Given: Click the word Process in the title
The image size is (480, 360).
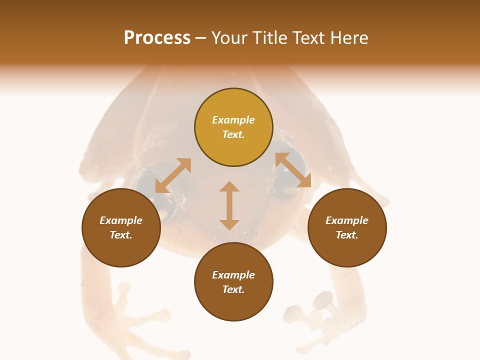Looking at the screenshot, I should [x=157, y=38].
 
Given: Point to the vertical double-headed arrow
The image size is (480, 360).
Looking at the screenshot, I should [x=229, y=205].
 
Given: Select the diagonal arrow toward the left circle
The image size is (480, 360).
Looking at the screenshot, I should [x=173, y=175].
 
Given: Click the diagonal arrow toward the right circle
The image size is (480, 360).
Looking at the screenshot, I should [x=293, y=170].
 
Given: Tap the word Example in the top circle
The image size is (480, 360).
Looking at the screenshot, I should [x=233, y=120].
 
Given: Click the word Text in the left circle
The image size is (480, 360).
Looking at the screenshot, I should [x=121, y=235].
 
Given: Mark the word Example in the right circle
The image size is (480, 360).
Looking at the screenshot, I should [x=347, y=220].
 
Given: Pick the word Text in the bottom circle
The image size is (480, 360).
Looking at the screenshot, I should [x=233, y=289].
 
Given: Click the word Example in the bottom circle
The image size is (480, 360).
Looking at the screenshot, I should [x=233, y=275].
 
